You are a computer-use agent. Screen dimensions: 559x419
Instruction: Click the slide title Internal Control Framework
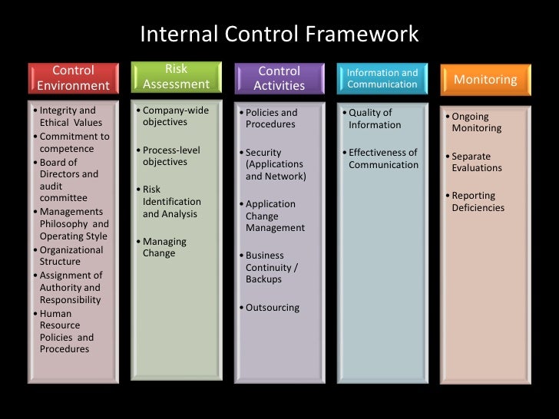279,35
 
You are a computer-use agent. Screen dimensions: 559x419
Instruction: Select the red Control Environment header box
74,78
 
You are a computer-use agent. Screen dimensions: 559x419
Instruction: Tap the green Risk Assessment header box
176,77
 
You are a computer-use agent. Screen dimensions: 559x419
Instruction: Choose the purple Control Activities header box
279,78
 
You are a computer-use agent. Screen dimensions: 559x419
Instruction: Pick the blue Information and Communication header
382,78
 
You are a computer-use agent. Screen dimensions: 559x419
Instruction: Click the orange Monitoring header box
485,80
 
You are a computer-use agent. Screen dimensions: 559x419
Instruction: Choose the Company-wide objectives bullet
175,117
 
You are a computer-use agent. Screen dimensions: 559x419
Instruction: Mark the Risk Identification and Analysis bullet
171,202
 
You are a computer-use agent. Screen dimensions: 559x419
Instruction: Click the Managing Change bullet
164,247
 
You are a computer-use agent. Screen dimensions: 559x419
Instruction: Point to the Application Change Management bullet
275,216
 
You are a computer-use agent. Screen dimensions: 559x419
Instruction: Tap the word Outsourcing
273,308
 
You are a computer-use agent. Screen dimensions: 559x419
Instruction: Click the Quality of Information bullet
374,119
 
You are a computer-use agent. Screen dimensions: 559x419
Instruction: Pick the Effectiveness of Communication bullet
383,158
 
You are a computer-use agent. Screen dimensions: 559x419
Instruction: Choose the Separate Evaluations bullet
476,162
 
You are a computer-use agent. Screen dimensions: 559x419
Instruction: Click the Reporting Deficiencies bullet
478,202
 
